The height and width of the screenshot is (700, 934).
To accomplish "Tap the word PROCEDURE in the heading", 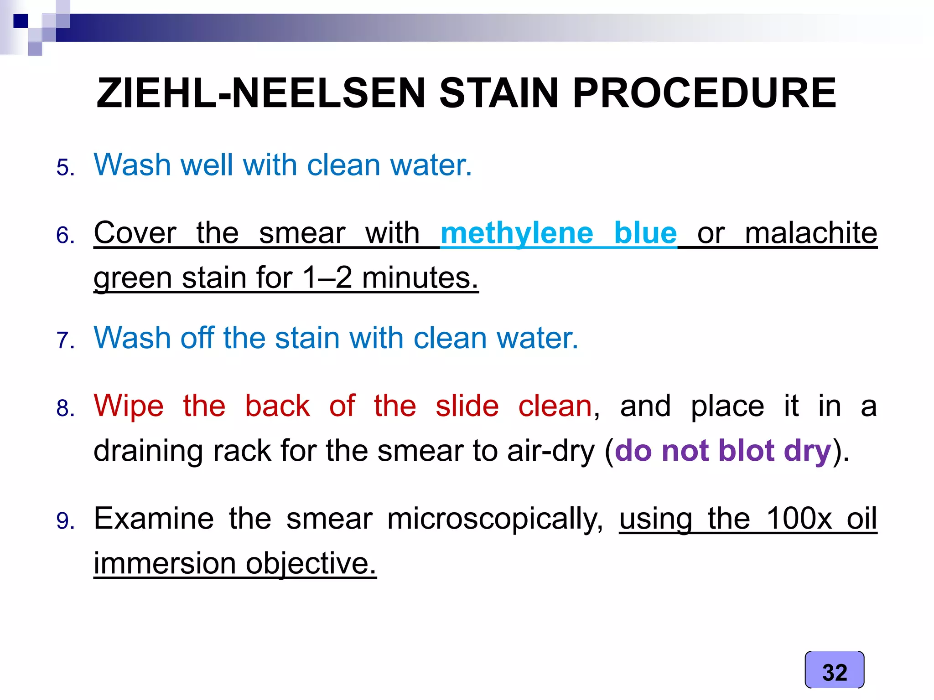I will tap(704, 93).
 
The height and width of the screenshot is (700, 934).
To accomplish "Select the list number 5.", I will tap(65, 167).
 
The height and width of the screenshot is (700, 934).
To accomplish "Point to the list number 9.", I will tap(65, 521).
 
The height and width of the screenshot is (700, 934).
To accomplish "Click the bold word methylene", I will tap(517, 233).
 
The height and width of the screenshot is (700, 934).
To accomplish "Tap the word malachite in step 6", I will tap(811, 233).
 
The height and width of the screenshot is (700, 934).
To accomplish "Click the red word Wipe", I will tap(128, 406).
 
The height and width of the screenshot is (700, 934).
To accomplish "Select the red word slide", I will tap(467, 406).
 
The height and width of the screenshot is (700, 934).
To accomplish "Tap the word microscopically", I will tap(495, 519).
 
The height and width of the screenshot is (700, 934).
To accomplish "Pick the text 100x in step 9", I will tap(799, 519).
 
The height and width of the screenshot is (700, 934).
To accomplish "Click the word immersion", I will tap(165, 563).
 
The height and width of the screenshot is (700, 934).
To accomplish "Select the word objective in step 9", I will tap(311, 563).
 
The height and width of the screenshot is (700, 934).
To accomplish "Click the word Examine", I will tap(154, 519).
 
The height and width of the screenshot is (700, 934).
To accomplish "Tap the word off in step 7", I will tap(197, 338).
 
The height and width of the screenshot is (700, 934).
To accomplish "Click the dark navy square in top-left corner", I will tap(21, 21).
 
